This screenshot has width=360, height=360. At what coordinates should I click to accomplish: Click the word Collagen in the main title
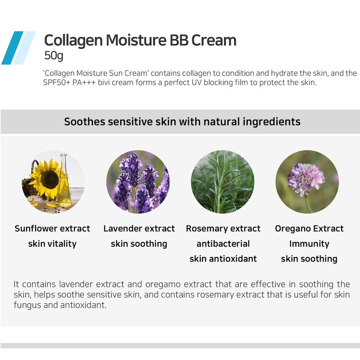pyautogui.click(x=73, y=40)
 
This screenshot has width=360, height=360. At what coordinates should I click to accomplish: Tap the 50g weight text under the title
pyautogui.click(x=54, y=56)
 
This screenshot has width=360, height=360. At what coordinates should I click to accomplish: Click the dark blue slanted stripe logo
pyautogui.click(x=13, y=48)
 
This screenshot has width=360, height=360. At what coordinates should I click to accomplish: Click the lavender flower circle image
pyautogui.click(x=138, y=182)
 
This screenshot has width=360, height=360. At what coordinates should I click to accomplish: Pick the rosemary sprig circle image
pyautogui.click(x=222, y=182)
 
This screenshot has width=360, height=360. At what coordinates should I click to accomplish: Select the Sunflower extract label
pyautogui.click(x=52, y=229)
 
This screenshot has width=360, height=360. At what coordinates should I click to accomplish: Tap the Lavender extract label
pyautogui.click(x=139, y=229)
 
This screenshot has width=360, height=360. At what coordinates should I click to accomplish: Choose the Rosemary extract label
pyautogui.click(x=223, y=229)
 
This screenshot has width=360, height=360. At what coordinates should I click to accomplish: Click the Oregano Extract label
pyautogui.click(x=309, y=229)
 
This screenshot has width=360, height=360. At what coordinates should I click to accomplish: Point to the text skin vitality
pyautogui.click(x=52, y=244)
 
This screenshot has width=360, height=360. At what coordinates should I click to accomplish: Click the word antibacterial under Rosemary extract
pyautogui.click(x=223, y=243)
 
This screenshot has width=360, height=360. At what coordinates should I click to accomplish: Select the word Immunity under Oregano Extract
pyautogui.click(x=309, y=244)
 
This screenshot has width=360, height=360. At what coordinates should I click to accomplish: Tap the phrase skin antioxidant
pyautogui.click(x=223, y=259)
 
